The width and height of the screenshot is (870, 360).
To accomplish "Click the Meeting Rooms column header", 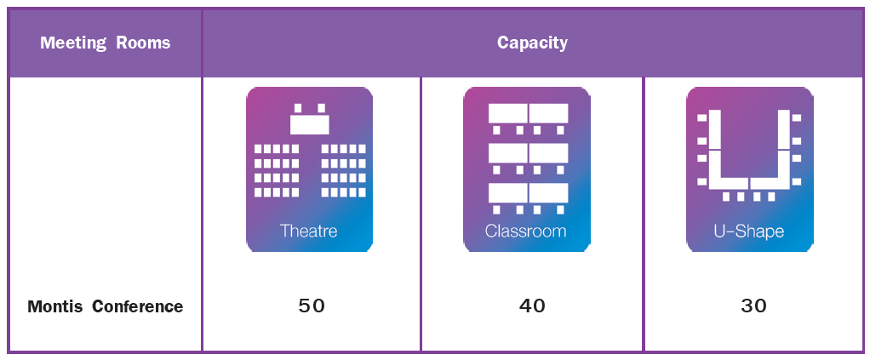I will pos(105,43).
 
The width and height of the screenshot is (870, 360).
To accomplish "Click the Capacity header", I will pos(532,43).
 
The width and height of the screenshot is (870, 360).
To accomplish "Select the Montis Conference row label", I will pos(105,306).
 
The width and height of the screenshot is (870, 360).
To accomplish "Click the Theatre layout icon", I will pos(309,169).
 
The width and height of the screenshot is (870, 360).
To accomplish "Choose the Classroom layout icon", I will pos(526,169).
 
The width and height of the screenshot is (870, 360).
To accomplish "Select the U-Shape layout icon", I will pos(749,169).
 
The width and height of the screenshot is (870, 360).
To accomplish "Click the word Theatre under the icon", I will pos(309,231).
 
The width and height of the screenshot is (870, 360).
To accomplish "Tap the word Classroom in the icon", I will pos(526,231).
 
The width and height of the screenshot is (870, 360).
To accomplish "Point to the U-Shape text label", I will pos(749,231).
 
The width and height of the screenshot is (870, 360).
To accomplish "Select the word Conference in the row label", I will pos(137,306).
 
